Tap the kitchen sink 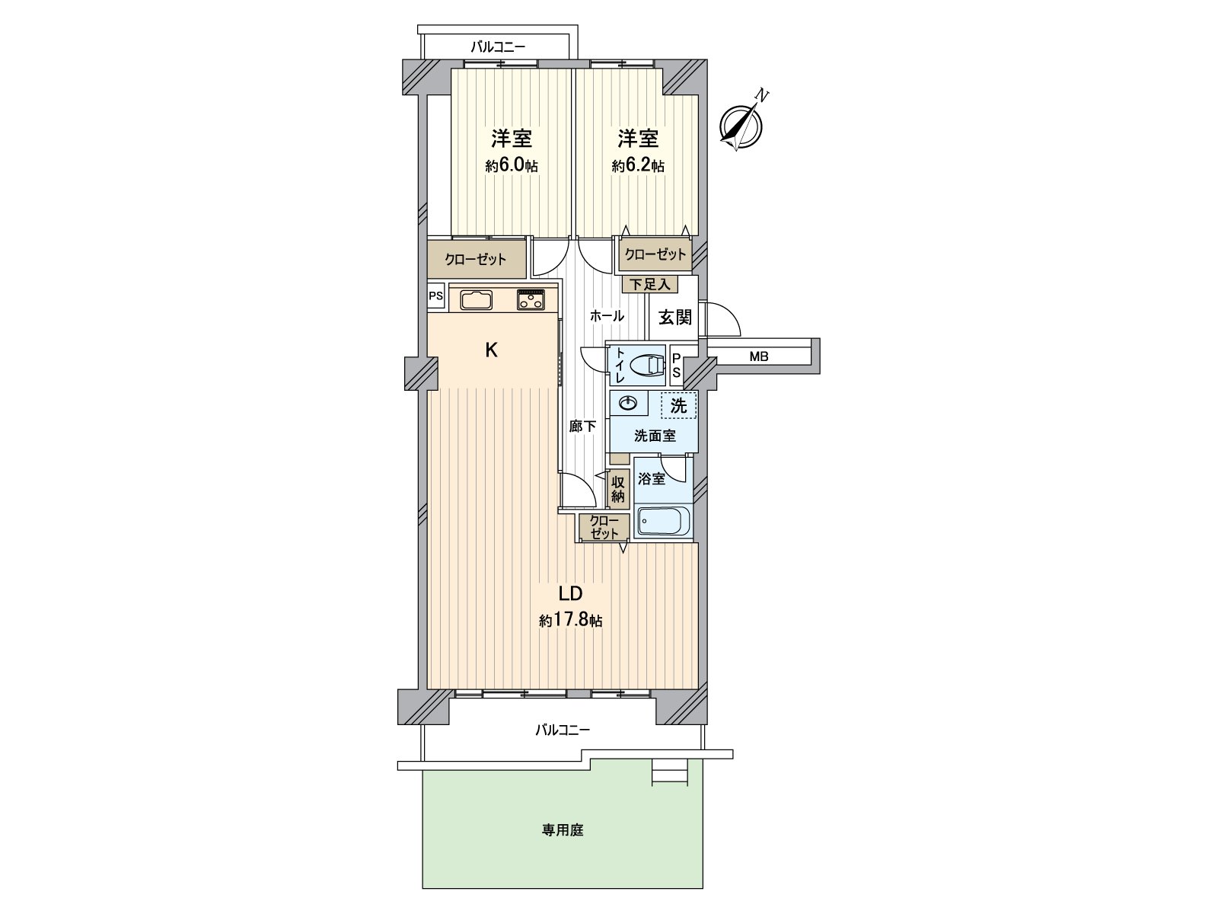tap(477, 300)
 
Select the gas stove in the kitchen tap(531, 299)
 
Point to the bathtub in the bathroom tap(663, 521)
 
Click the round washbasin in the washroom tap(628, 403)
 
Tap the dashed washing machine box tap(678, 405)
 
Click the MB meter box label tap(759, 356)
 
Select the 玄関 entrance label tap(675, 318)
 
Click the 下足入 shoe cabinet tap(650, 284)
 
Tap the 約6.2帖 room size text tap(638, 165)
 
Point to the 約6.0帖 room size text tap(511, 165)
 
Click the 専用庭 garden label tap(563, 845)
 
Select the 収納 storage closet tap(618, 490)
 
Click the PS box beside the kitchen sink tap(436, 296)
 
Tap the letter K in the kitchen tap(491, 350)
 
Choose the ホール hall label tap(607, 316)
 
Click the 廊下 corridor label tap(582, 427)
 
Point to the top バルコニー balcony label tap(498, 47)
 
